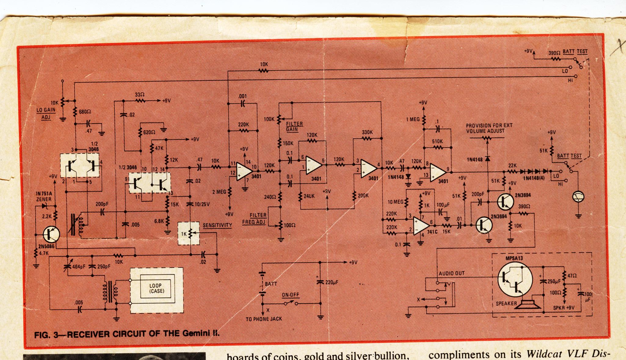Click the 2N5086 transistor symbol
pos(51,234)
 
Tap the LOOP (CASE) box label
pos(157,288)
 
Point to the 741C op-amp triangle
pos(422,226)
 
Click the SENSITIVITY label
pos(217,225)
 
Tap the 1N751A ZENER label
pos(44,196)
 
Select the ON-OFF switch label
pos(290,295)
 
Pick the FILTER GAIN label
pos(294,126)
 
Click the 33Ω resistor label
pos(139,95)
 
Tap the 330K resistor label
pos(367,132)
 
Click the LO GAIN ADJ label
pos(46,113)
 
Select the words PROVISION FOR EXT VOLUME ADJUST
pos(489,128)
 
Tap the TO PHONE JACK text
pos(264,319)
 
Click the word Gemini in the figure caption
pos(194,333)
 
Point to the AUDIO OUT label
pos(452,273)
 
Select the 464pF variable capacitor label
pos(78,267)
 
